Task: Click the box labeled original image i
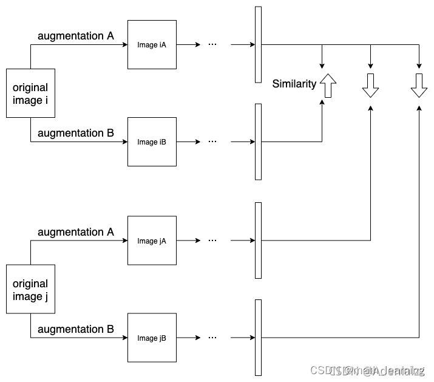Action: coord(30,93)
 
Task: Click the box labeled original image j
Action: coord(30,289)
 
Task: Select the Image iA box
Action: coord(152,44)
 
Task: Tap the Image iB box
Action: coord(152,142)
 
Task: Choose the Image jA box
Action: coord(152,240)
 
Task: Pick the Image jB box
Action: coord(152,338)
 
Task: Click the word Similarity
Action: coord(294,84)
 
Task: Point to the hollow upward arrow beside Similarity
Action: coord(328,86)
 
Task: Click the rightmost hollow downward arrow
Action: coord(419,86)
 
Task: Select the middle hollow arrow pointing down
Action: coord(370,86)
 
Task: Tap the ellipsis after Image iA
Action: coord(212,44)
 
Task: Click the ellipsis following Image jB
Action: coord(212,338)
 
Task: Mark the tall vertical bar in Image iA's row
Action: coord(259,44)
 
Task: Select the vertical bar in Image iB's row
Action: coord(259,142)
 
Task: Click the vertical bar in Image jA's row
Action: coord(259,240)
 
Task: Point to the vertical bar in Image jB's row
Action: coord(259,338)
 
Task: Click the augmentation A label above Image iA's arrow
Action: coord(76,36)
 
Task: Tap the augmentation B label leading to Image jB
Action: coord(76,329)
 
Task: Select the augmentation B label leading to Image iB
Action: coord(76,133)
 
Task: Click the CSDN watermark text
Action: coord(367,370)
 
